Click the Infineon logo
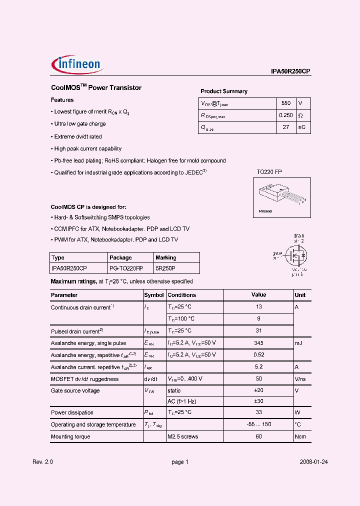(76, 63)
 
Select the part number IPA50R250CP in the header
(291, 71)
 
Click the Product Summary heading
(224, 91)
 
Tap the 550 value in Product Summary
(285, 103)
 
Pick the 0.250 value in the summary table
(285, 115)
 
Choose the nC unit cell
(302, 127)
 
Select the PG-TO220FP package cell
(125, 268)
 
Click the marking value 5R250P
(165, 268)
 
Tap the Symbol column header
(154, 295)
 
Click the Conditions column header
(181, 295)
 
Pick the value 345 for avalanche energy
(258, 343)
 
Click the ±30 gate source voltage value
(258, 401)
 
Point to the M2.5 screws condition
(183, 437)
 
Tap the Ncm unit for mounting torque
(300, 437)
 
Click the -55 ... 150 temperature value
(258, 424)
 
